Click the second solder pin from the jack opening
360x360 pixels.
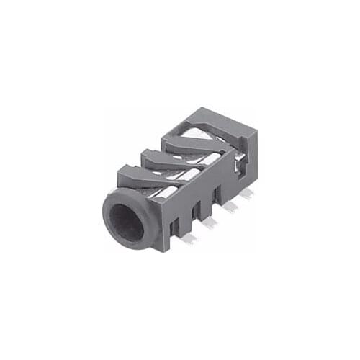pyautogui.click(x=210, y=224)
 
